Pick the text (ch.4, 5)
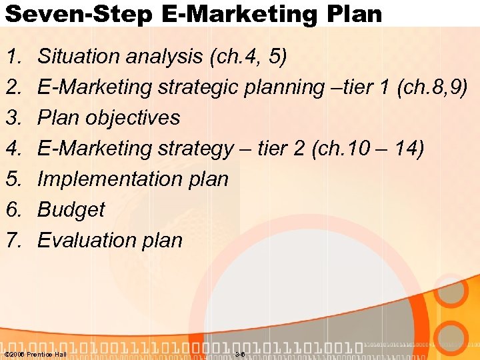tap(248, 57)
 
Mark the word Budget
tap(71, 209)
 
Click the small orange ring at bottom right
tap(455, 336)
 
